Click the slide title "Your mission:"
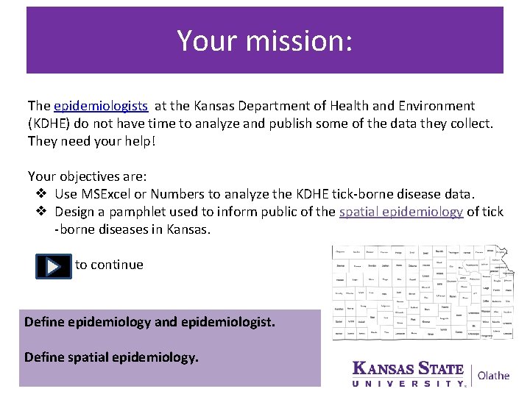(264, 40)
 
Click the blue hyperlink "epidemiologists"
(101, 106)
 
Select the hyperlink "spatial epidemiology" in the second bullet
(401, 212)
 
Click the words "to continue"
(109, 265)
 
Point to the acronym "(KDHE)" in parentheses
(50, 123)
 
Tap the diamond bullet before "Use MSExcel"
(41, 194)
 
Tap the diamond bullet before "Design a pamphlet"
(41, 212)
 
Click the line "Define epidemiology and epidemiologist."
(149, 322)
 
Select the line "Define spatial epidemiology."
(111, 358)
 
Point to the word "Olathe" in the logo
(493, 375)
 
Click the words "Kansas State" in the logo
(408, 368)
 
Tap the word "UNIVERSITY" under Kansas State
(408, 383)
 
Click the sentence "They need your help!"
(91, 140)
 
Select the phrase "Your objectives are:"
(87, 176)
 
